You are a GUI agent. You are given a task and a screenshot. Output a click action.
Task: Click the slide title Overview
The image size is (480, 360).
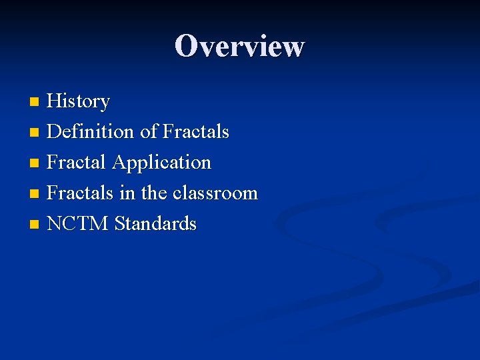[239, 46]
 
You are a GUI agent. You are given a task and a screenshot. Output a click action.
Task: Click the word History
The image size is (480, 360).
[79, 101]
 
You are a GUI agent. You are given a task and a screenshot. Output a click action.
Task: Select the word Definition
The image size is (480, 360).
[91, 132]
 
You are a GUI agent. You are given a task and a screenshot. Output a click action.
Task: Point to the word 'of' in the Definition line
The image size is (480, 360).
[147, 132]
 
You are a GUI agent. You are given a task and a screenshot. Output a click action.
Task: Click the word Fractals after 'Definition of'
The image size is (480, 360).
[196, 132]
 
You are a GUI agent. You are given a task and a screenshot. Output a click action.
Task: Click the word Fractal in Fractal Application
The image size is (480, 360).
[77, 163]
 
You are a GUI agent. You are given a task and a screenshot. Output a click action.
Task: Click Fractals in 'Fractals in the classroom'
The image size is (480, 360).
[81, 193]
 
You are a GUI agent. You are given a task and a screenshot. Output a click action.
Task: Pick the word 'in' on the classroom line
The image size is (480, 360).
[127, 193]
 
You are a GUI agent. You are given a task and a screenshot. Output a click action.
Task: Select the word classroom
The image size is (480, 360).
[215, 193]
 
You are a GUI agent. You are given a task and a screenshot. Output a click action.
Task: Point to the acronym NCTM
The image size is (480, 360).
[78, 224]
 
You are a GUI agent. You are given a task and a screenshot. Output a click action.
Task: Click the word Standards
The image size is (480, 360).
[156, 224]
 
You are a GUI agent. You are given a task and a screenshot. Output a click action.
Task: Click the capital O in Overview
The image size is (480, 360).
[186, 46]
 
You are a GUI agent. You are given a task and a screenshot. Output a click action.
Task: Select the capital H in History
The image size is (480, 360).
[55, 101]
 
